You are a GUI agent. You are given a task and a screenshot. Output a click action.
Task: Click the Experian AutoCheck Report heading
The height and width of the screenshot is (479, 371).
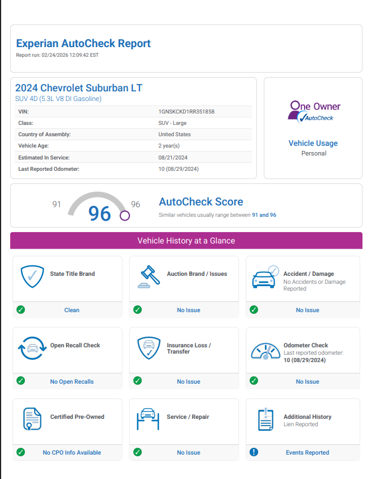[x=83, y=43]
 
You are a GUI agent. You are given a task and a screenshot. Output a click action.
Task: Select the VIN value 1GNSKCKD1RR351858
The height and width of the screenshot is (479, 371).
[x=186, y=112]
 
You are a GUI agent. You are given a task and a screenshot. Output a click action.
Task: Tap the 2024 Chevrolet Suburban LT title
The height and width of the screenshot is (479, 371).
[x=79, y=88]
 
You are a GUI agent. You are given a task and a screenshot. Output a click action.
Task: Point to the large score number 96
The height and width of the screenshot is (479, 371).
[x=100, y=213]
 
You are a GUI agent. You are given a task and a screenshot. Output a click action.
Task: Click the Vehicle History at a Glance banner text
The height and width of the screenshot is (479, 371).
[x=186, y=241]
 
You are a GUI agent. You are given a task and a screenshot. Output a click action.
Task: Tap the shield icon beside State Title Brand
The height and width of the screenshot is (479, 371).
[x=32, y=277]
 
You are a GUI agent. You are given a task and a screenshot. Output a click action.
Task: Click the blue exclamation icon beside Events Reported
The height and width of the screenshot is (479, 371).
[x=254, y=452]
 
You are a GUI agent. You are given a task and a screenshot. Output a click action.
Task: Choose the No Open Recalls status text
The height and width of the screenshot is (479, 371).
[x=72, y=381]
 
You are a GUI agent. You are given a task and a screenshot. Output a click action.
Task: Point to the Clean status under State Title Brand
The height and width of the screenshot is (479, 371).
[x=72, y=310]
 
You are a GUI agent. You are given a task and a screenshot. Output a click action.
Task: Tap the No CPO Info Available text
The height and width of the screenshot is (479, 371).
[x=72, y=452]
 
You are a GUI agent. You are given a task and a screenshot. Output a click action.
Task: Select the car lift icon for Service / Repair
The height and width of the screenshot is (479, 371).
[x=149, y=420]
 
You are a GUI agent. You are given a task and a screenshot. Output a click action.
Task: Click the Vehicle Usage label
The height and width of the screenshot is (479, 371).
[x=313, y=143]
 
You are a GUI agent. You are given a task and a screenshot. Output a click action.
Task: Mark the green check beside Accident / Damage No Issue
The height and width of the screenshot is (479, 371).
[x=254, y=310]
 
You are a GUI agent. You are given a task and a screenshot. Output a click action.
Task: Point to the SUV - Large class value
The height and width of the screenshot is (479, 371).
[x=172, y=123]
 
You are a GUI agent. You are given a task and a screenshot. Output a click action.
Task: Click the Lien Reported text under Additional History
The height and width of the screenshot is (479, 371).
[x=301, y=425]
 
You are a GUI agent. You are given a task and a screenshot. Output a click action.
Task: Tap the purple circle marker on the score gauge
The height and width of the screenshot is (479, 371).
[x=125, y=216]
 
